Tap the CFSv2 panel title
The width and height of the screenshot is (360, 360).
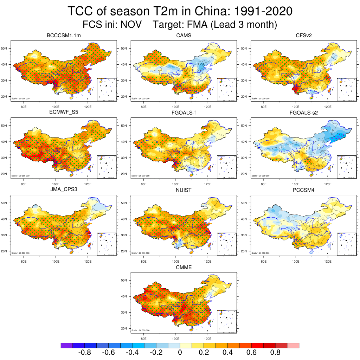point(303,36)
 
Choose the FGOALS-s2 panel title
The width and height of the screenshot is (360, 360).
point(303,113)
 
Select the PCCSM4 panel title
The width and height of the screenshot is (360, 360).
point(303,191)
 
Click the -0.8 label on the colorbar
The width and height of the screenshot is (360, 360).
point(84,353)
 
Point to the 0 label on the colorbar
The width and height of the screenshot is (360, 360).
point(180,353)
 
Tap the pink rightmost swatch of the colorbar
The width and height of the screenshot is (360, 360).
point(293,346)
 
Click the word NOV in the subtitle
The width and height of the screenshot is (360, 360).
point(131,25)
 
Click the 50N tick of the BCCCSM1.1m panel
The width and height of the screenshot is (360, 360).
point(5,48)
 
